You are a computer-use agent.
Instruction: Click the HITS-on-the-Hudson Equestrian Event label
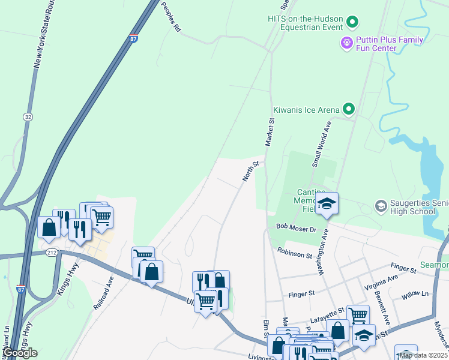(x=305, y=23)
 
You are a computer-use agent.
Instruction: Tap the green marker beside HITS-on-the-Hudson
(x=352, y=23)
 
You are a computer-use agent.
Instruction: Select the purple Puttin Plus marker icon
(x=346, y=43)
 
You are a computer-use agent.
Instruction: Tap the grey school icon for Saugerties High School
(x=381, y=206)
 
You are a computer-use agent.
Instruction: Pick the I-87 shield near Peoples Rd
(x=133, y=38)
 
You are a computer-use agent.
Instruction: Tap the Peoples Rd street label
(x=171, y=17)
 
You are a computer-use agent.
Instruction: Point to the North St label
(x=250, y=170)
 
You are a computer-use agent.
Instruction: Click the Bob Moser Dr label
(x=296, y=229)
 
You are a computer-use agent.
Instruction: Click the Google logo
(x=20, y=353)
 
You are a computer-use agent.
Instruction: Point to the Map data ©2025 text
(x=423, y=355)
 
